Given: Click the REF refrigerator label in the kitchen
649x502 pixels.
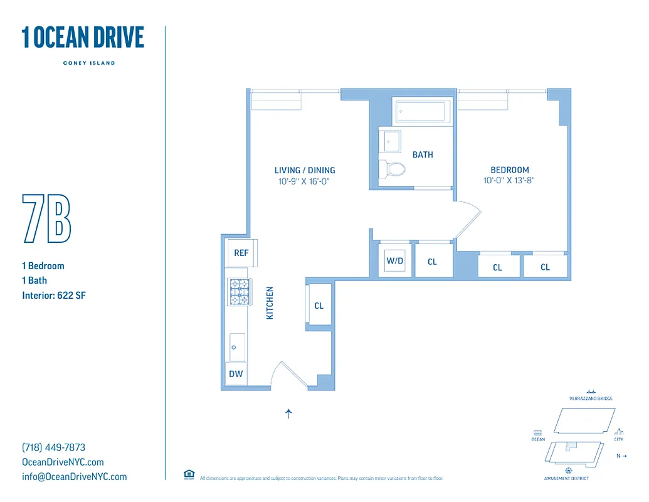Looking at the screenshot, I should point(241,253).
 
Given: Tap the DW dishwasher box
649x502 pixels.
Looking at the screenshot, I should point(236,374).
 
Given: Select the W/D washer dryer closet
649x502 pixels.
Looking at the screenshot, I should point(394,261).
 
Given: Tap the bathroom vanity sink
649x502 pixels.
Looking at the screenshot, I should point(391,142).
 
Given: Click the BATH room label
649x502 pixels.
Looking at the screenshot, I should point(423,154).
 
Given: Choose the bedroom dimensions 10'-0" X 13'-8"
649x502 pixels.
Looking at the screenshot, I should point(509,180).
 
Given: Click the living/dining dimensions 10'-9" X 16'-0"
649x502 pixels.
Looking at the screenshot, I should point(304,181).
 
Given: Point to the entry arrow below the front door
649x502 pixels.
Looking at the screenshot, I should point(288,414).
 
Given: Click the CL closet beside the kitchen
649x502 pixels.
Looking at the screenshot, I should point(319,306).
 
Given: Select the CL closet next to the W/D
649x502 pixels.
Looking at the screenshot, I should point(432,262).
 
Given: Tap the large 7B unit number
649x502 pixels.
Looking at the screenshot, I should point(46,219).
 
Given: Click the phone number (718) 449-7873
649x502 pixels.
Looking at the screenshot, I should point(53,447).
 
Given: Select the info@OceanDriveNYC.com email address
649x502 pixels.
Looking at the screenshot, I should point(74,476).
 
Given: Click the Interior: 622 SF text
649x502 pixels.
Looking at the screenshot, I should point(53,295).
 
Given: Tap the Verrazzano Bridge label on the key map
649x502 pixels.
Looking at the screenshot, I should point(591,398).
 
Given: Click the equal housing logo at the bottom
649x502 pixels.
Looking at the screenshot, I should point(189,474).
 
